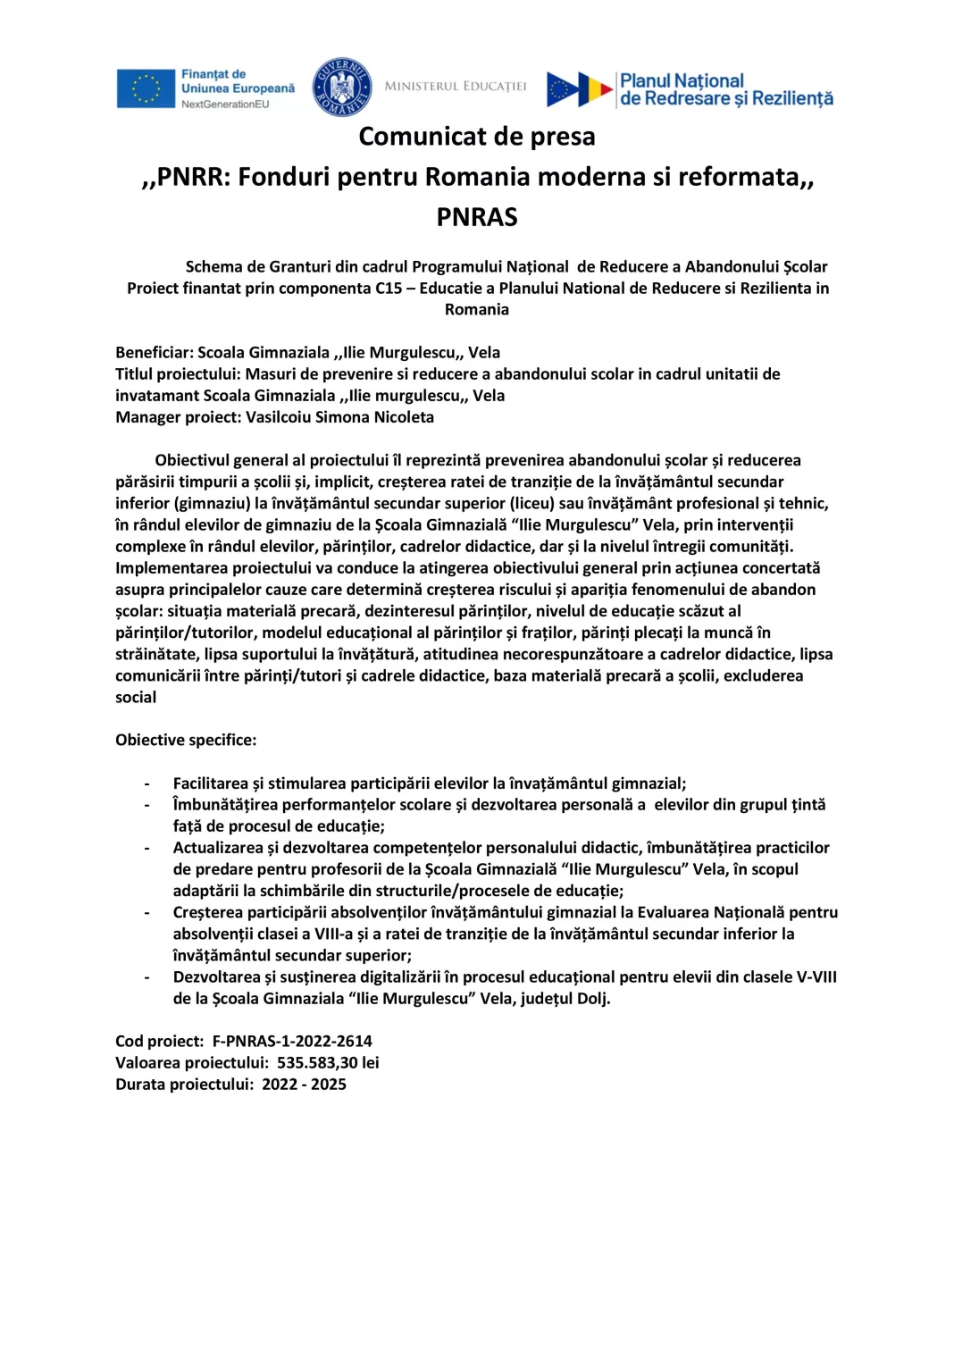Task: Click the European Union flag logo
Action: click(x=146, y=88)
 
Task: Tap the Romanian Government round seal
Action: click(x=341, y=88)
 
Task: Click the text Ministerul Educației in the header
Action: click(x=456, y=87)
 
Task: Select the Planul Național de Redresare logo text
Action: click(x=725, y=89)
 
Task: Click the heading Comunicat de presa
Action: click(x=476, y=137)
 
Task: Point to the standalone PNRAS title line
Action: click(x=476, y=217)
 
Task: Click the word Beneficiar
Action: click(x=153, y=353)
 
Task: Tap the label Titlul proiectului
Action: click(x=178, y=374)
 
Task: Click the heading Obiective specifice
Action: click(x=185, y=740)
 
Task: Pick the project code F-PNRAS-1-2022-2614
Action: click(x=292, y=1041)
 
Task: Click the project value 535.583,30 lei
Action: click(x=328, y=1062)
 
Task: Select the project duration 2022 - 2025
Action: click(x=304, y=1084)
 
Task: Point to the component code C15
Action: click(x=389, y=289)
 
